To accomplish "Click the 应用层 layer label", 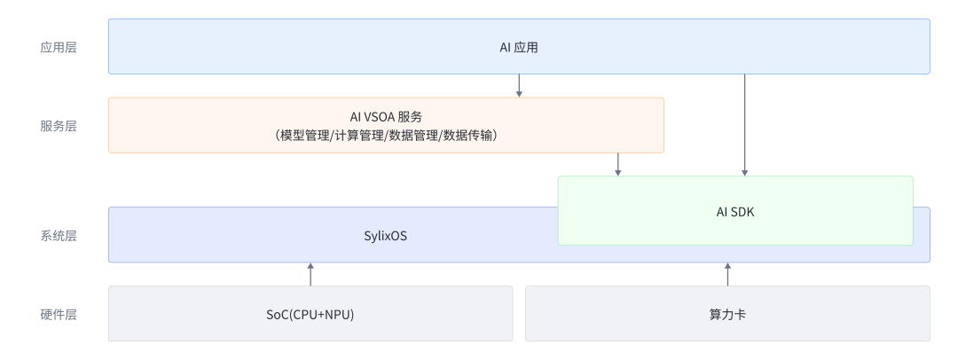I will (59, 47).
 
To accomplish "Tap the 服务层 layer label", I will (59, 126).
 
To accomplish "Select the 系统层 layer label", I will (59, 236).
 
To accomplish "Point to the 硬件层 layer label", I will (59, 314).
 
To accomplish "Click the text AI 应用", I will (519, 47).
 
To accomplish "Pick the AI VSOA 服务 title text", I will (386, 116).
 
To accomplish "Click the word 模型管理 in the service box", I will (302, 136).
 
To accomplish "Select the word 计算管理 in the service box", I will (358, 136).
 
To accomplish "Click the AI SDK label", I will (734, 211).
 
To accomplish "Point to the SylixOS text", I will (386, 236).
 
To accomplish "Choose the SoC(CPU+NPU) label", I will (310, 314).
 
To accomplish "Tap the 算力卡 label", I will (727, 314).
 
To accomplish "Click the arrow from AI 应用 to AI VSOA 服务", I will (519, 86).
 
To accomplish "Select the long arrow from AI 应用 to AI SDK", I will (745, 124).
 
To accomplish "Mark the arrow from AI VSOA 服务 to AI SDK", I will (618, 165).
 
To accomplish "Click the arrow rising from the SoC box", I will (310, 274).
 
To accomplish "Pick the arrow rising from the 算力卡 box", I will (727, 274).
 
